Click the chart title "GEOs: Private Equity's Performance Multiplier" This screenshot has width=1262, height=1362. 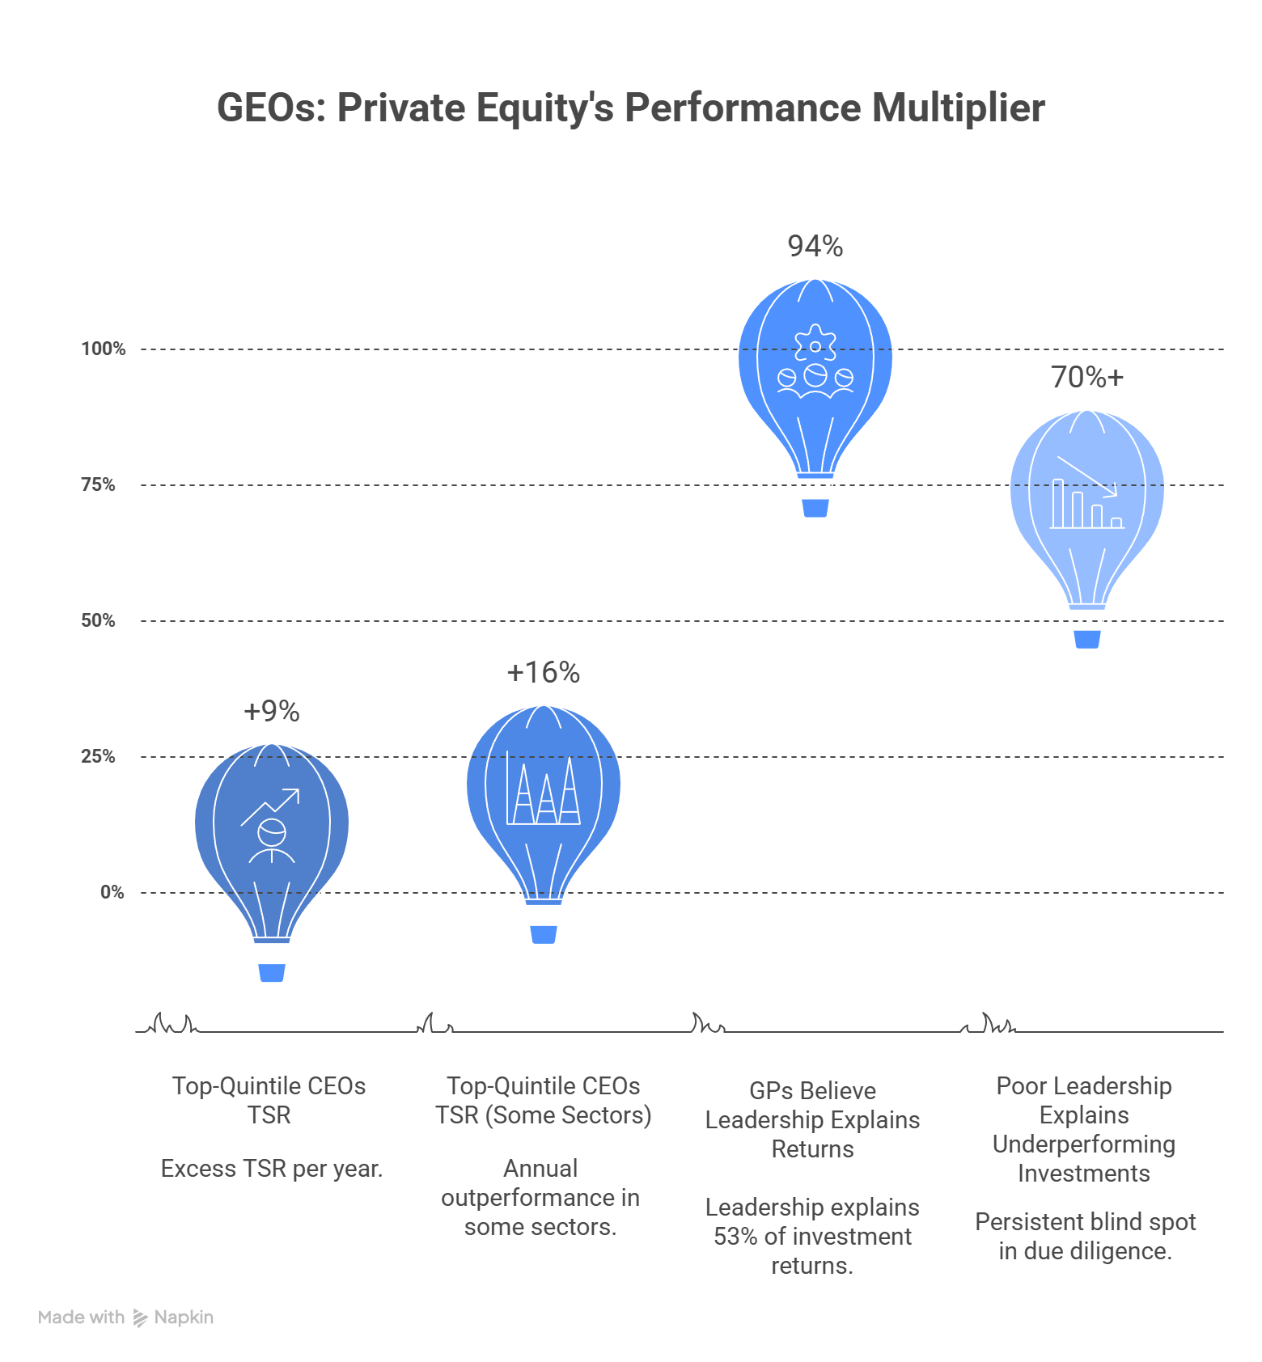click(x=631, y=108)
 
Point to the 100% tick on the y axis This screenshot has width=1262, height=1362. click(x=104, y=349)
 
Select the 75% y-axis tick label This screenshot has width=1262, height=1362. click(x=98, y=484)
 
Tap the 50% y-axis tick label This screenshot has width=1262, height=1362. click(x=98, y=620)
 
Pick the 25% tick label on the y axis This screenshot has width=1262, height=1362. click(x=98, y=756)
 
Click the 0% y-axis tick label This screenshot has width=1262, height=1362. click(x=112, y=892)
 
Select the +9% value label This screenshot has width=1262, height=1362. click(x=272, y=711)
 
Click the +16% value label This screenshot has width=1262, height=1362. click(x=544, y=672)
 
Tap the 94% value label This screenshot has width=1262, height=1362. click(x=815, y=246)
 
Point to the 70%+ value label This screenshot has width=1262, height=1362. click(x=1087, y=377)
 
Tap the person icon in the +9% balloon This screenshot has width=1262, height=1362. click(x=272, y=841)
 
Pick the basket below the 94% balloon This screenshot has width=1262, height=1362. click(x=815, y=508)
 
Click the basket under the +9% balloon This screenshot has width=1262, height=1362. click(x=272, y=972)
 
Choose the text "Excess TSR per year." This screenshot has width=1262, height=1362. click(x=272, y=1169)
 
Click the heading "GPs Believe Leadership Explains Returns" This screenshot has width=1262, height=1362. click(x=813, y=1120)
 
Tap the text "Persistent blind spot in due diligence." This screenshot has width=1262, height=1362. click(x=1085, y=1237)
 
